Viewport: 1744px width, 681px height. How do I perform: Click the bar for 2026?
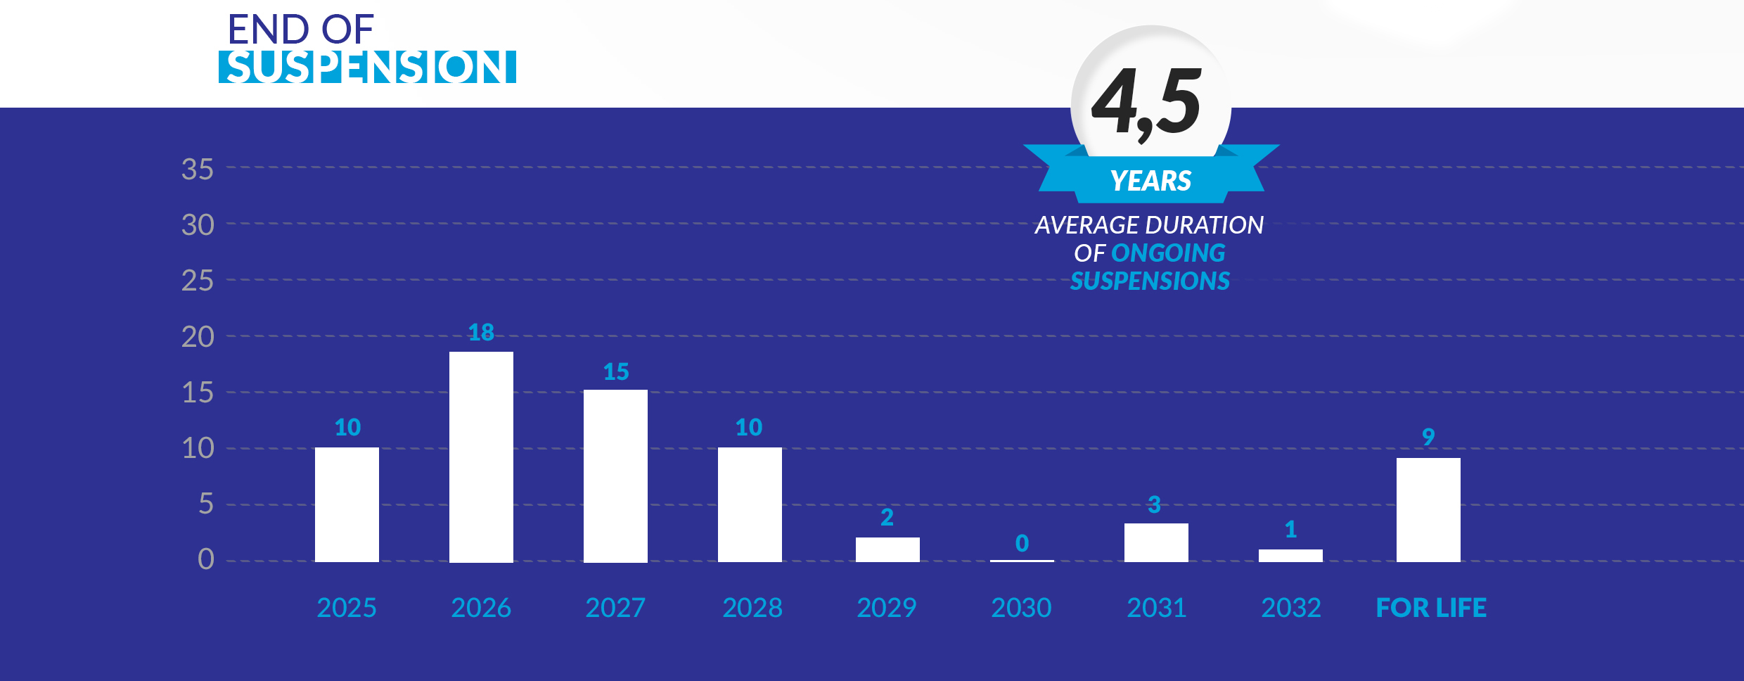coord(481,457)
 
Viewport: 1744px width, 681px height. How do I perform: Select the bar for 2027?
coord(615,476)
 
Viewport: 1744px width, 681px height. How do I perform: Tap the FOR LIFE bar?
coord(1428,509)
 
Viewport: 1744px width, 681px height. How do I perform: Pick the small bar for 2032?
coord(1290,555)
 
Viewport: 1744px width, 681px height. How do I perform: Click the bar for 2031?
coord(1156,542)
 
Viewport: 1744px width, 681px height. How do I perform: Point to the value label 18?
coord(481,332)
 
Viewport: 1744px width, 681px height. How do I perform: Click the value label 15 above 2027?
coord(616,371)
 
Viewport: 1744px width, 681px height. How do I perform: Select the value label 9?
coord(1428,437)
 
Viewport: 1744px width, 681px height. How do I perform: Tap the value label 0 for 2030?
coord(1022,543)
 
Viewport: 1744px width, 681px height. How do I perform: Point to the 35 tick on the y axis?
coord(198,170)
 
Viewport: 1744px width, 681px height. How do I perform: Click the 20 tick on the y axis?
coord(198,337)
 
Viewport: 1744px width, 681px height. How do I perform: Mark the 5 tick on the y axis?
coord(205,504)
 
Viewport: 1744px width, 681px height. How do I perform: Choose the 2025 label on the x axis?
coord(347,608)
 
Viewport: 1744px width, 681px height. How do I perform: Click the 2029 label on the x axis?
coord(887,608)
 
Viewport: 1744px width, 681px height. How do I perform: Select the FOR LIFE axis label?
coord(1431,608)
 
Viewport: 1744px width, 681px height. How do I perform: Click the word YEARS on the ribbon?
coord(1150,181)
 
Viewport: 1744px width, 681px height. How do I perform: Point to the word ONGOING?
coord(1168,253)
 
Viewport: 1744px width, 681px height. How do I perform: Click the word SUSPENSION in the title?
coord(367,67)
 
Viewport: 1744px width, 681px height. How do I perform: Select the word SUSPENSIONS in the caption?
coord(1150,281)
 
